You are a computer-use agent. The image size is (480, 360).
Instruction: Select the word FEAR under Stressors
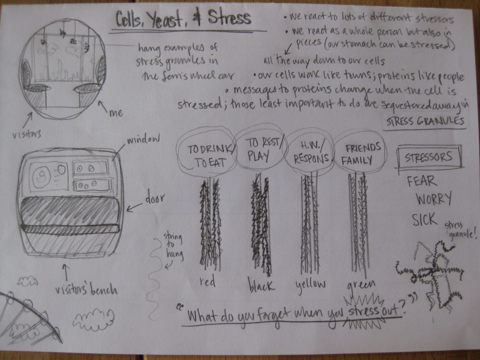coord(421,181)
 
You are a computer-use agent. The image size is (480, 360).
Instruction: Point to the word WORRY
coord(434,199)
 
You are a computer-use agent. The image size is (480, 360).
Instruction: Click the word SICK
coord(425,218)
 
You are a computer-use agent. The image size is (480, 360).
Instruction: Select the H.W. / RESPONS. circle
coord(311,153)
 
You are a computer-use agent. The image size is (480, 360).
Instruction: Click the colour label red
coord(207,282)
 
